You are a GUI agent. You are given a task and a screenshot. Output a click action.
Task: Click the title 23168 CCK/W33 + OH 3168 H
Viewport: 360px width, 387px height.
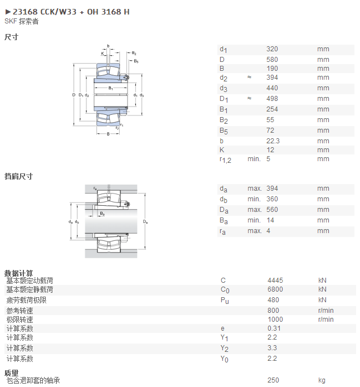pos(71,12)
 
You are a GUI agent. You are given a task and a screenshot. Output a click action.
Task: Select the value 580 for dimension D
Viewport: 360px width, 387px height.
pos(272,60)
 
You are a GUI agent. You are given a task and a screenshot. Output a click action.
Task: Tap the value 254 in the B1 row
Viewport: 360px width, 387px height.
pos(272,109)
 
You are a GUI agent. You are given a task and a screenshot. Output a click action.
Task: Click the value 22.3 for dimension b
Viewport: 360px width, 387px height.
pos(273,141)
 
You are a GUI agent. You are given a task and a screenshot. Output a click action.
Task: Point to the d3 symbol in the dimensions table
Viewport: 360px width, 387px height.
pos(223,88)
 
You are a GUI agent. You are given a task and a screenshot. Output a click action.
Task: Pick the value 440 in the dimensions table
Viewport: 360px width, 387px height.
pos(272,88)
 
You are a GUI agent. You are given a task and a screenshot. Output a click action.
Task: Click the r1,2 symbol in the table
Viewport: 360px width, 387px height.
pos(225,159)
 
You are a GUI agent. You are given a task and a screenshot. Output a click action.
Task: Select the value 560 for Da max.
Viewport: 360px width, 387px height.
pos(272,210)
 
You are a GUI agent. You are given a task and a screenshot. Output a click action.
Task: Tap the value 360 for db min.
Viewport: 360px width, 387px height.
pos(272,199)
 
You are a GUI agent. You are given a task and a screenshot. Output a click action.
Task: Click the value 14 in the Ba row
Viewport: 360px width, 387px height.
pos(270,220)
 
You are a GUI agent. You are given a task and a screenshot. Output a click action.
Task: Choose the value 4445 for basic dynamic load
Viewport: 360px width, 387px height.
pos(275,280)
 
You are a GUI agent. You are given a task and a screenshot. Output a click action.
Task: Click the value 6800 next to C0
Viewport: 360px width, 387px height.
pos(275,289)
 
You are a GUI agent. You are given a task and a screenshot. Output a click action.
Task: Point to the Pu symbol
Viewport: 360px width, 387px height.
pos(225,301)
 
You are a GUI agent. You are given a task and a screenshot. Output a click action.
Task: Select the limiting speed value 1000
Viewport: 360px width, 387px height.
pos(275,320)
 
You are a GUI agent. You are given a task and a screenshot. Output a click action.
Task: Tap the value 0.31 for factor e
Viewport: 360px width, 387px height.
pos(274,328)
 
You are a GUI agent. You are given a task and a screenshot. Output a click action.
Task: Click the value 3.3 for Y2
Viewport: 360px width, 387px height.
pos(272,348)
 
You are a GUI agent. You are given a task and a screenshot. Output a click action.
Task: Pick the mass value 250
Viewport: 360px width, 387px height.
pos(273,380)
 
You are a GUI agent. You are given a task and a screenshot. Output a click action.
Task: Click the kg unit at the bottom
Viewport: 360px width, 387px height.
pos(322,380)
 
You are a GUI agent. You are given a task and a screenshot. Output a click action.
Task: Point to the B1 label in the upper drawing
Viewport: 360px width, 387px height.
pos(111,88)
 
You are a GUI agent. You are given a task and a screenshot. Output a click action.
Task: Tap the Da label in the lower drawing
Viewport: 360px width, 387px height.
pos(145,221)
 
